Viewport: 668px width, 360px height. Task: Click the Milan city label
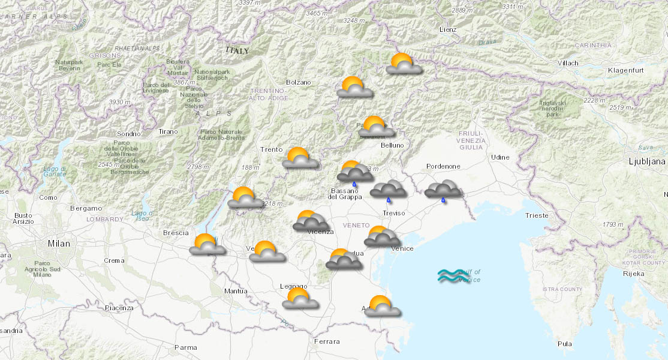coord(59,244)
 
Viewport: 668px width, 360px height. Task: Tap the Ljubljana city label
coord(646,161)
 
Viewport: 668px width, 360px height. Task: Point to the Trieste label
coord(536,215)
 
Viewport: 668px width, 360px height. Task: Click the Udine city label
coord(500,157)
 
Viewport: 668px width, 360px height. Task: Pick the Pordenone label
coord(443,166)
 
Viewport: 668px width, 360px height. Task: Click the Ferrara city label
coord(327,341)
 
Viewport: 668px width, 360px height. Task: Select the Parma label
coord(185,347)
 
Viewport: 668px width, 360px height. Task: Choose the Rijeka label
coord(633,274)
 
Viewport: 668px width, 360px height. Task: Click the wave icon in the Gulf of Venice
coord(451,276)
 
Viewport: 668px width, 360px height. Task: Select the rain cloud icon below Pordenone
coord(443,190)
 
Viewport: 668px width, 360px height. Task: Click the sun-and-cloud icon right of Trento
coord(300,158)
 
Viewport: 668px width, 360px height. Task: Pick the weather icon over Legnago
coord(300,299)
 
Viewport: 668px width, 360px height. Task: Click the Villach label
coord(567,63)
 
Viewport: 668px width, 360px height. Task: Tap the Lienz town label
coord(447,29)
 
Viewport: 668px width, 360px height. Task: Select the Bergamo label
coord(86,208)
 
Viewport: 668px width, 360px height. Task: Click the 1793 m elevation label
coord(613,224)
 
